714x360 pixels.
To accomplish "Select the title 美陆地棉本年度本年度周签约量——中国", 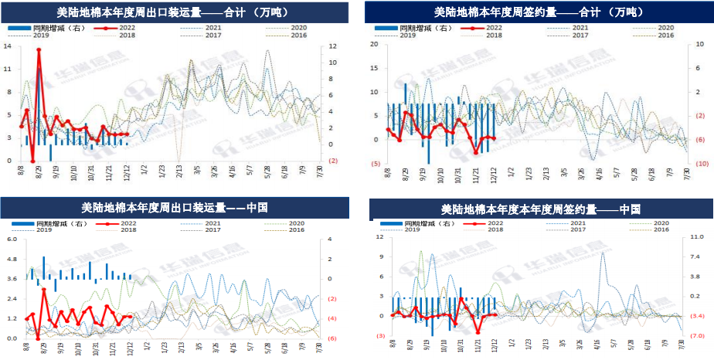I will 541,209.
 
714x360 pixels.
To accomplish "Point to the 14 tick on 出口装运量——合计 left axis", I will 7,46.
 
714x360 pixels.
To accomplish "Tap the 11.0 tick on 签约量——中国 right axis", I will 695,237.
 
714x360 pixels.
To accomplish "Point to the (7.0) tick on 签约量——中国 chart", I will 695,336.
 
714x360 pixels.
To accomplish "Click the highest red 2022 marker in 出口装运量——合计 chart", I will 39,50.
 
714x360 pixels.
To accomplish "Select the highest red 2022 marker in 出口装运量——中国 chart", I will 44,290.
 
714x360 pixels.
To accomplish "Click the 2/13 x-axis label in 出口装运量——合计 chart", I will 180,171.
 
